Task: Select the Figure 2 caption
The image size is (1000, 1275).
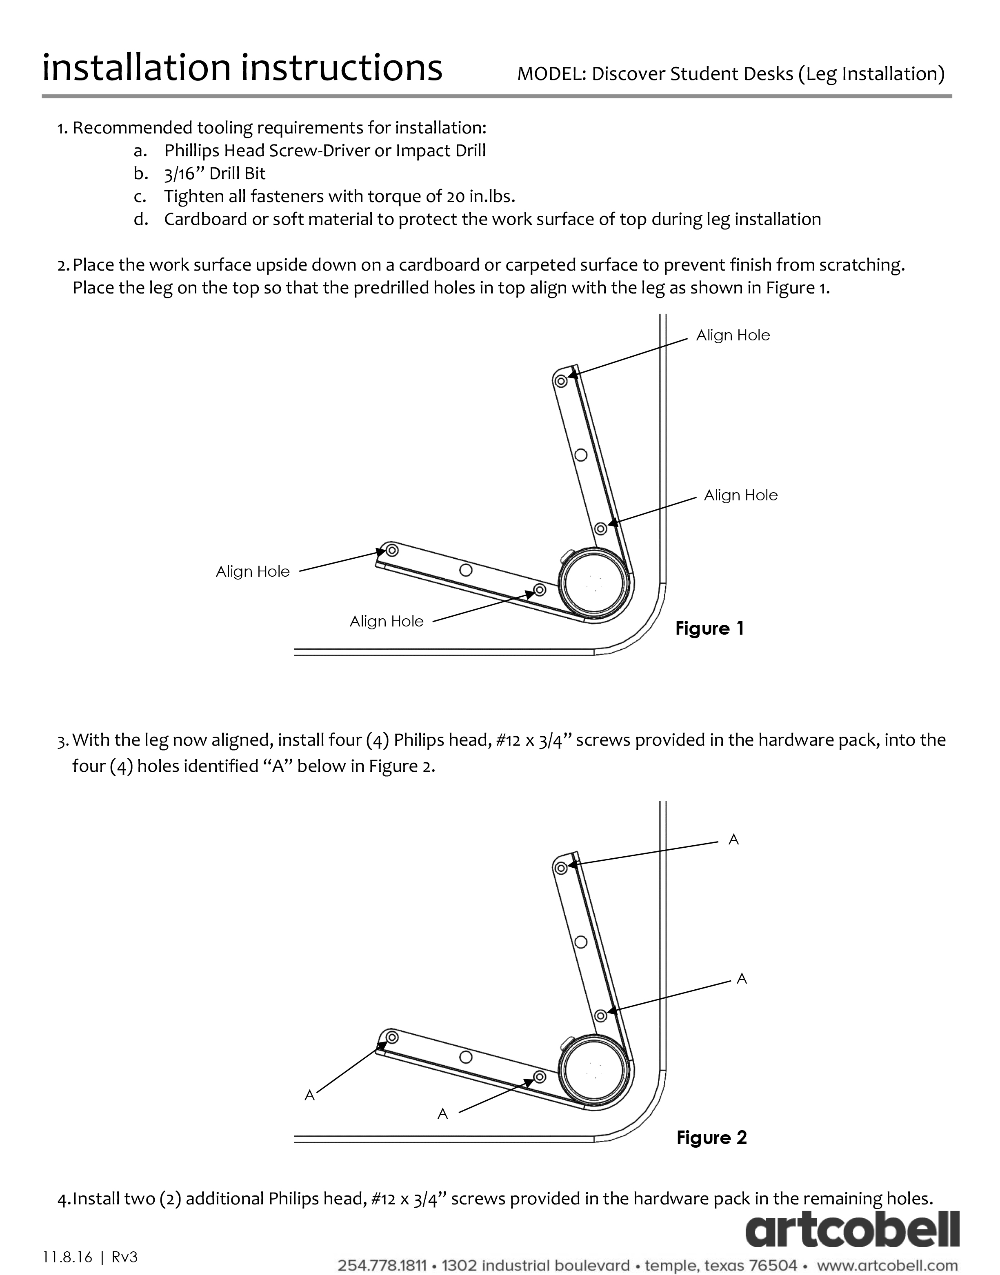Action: [711, 1137]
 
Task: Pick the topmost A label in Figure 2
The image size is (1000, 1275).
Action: [733, 840]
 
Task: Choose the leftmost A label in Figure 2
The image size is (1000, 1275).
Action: [310, 1095]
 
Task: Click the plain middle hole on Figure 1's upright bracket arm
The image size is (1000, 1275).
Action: [581, 455]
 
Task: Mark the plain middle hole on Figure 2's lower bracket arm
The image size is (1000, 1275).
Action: [466, 1057]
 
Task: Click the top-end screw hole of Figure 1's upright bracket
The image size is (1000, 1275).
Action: [561, 382]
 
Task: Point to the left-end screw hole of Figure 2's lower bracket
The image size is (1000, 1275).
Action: [392, 1037]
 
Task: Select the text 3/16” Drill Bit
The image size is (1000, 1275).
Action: [215, 174]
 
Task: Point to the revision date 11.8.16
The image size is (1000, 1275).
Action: [67, 1257]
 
